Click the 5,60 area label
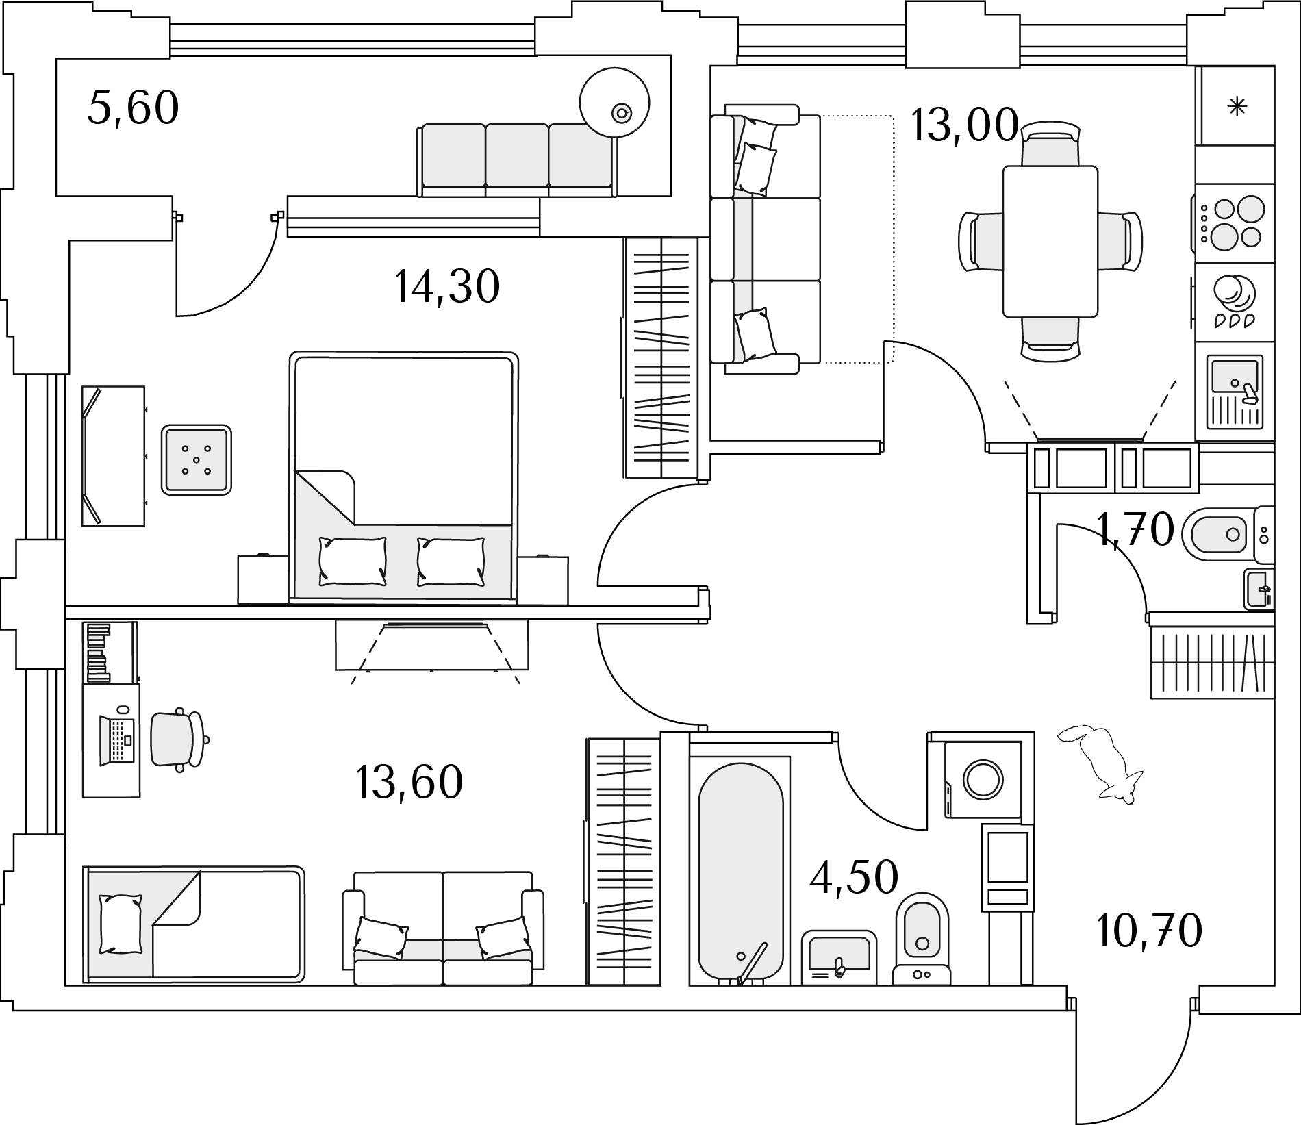click(134, 108)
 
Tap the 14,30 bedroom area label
click(447, 286)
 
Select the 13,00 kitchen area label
click(964, 125)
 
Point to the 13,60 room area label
click(409, 782)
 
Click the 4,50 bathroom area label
click(854, 877)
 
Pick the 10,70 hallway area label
click(1149, 930)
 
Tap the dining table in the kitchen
click(1050, 242)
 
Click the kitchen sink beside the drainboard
click(1233, 376)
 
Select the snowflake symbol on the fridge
click(1237, 106)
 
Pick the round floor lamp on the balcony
click(614, 103)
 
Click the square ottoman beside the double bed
click(197, 459)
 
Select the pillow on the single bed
click(120, 924)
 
